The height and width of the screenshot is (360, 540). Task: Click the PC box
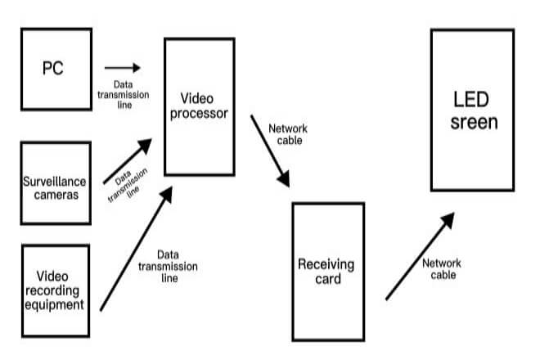click(54, 70)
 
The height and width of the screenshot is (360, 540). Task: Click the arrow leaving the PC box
click(122, 69)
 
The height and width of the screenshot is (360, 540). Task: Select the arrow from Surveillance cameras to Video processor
click(127, 161)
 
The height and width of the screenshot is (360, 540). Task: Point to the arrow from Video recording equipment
click(136, 249)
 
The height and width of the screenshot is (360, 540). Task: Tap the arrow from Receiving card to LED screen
click(419, 255)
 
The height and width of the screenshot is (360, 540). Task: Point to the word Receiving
click(326, 264)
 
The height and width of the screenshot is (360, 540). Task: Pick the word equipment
click(55, 305)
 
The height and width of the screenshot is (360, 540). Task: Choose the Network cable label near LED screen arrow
click(442, 269)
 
